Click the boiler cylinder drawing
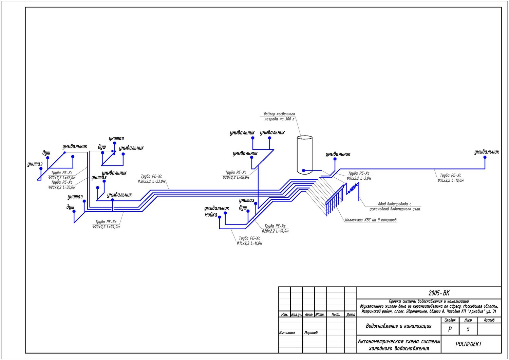click(304, 155)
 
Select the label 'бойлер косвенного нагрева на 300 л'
click(279, 116)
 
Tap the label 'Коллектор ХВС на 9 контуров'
click(371, 220)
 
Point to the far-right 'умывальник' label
click(487, 152)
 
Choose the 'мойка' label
click(211, 215)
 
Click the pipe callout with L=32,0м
click(62, 175)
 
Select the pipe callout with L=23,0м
click(151, 179)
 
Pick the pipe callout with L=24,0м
click(106, 224)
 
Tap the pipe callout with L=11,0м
click(249, 241)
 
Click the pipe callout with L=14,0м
click(275, 229)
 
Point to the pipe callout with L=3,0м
click(359, 176)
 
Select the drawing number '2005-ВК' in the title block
click(439, 293)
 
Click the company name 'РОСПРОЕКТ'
click(468, 344)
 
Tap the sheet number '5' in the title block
click(468, 329)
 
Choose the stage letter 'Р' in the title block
click(450, 329)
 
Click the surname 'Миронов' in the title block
click(311, 333)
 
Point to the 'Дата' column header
click(351, 314)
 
